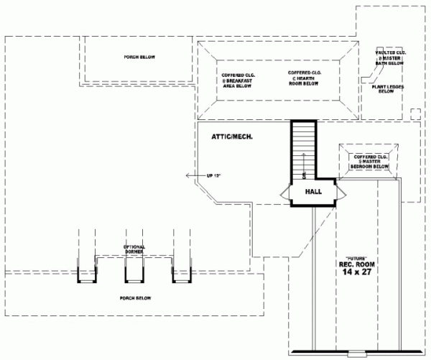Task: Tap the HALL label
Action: (313, 192)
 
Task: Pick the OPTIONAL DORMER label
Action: (134, 249)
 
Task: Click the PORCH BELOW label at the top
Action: (139, 57)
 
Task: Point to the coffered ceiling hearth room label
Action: (304, 78)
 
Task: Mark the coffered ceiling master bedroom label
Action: (369, 161)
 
